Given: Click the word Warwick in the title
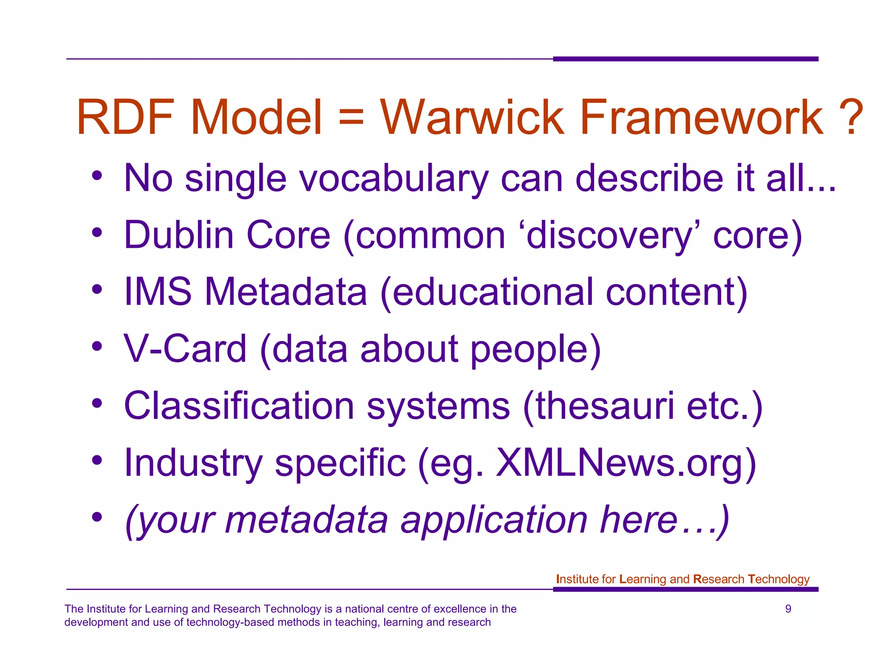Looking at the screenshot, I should tap(472, 117).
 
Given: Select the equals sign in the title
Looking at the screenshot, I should tap(351, 117).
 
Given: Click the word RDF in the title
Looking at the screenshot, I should tap(125, 117).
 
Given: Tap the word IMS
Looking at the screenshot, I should tap(158, 292).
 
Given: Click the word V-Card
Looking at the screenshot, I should tap(185, 349).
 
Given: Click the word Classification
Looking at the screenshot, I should tap(239, 406).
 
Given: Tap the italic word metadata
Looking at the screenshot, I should tap(306, 520).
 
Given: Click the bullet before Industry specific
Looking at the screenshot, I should tap(97, 460).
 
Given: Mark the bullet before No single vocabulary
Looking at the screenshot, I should tap(97, 176).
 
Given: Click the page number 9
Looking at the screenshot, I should tap(788, 609).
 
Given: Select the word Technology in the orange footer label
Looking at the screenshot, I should tap(778, 579).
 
